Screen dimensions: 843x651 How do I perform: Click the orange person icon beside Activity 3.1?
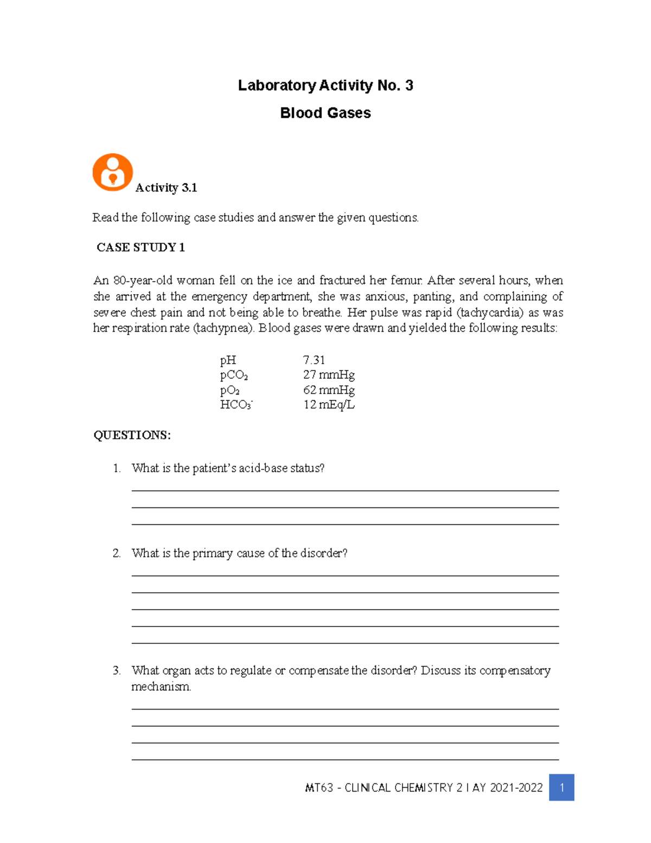click(x=113, y=172)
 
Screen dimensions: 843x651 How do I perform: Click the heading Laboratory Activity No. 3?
click(x=325, y=85)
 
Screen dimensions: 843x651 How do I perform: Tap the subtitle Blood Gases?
click(x=325, y=113)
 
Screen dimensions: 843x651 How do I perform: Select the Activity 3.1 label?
click(x=166, y=188)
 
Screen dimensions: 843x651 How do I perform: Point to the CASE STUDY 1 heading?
click(x=141, y=248)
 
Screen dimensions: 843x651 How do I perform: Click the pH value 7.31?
click(x=314, y=360)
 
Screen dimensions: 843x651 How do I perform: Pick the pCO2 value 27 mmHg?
click(x=329, y=375)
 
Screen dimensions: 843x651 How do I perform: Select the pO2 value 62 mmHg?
click(x=329, y=390)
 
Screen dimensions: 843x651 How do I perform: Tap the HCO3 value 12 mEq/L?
click(x=329, y=404)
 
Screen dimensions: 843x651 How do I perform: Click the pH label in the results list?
click(x=228, y=360)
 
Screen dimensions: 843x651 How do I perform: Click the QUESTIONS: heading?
click(x=132, y=435)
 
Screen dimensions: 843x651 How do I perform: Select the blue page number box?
click(x=561, y=787)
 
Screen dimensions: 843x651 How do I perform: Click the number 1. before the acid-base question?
click(x=117, y=468)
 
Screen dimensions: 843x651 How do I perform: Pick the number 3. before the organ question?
click(x=117, y=670)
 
